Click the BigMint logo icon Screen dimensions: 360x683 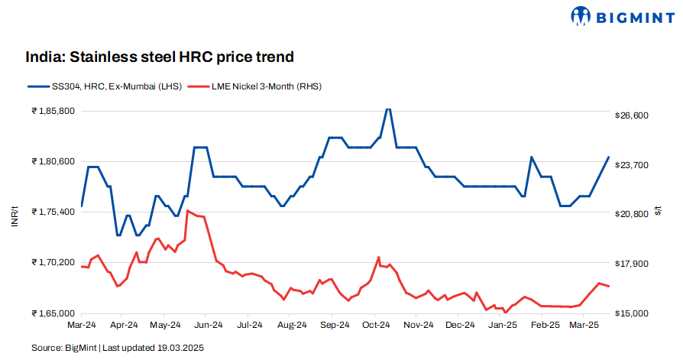[x=581, y=15]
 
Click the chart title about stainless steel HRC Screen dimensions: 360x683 [x=160, y=57]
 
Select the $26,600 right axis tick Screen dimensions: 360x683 [x=631, y=115]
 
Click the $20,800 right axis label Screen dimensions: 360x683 [x=631, y=214]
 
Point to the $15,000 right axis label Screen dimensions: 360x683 [x=631, y=313]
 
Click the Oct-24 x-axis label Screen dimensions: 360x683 [x=375, y=325]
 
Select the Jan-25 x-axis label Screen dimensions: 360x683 [x=502, y=325]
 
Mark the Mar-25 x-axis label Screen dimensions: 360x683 [x=586, y=325]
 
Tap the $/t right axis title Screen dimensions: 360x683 [x=659, y=212]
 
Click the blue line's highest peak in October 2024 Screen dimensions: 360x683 [x=388, y=109]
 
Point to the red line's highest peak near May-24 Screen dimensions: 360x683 [x=188, y=210]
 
